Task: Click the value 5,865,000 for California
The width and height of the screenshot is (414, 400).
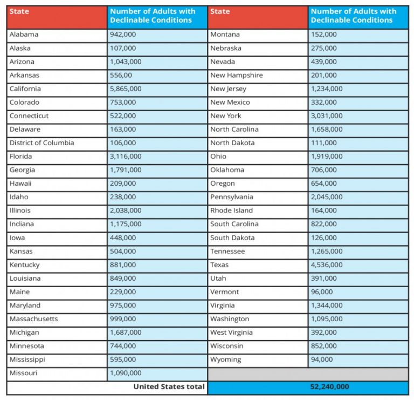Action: click(x=126, y=89)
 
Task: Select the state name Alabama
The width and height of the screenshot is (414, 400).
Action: click(x=24, y=35)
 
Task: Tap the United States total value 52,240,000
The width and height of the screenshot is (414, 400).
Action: click(x=329, y=387)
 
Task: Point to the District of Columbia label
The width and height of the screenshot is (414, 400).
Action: click(x=42, y=143)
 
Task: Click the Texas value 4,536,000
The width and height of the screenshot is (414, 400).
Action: click(x=327, y=265)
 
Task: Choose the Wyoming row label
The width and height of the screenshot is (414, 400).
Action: click(x=226, y=360)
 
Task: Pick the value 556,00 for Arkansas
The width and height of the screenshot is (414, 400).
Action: click(x=121, y=76)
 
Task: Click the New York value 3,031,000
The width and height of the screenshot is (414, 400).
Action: click(x=327, y=116)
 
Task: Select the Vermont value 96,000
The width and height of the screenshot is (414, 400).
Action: click(x=322, y=292)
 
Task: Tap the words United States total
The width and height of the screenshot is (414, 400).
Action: click(x=169, y=387)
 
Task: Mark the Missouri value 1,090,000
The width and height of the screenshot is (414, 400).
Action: click(x=126, y=373)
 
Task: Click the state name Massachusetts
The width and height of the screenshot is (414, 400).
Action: click(x=34, y=319)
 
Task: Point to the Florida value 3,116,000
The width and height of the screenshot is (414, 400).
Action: click(x=126, y=157)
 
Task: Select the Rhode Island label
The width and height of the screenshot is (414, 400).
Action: click(x=232, y=211)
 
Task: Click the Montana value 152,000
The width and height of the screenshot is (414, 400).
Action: click(x=323, y=35)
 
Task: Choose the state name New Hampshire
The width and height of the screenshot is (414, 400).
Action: click(x=237, y=76)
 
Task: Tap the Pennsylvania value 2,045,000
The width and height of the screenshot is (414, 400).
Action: click(x=327, y=197)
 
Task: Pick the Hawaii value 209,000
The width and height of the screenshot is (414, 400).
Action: click(x=123, y=184)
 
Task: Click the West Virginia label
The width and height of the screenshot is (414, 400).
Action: click(x=232, y=333)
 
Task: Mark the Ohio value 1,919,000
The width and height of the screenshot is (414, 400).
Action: click(x=327, y=157)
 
